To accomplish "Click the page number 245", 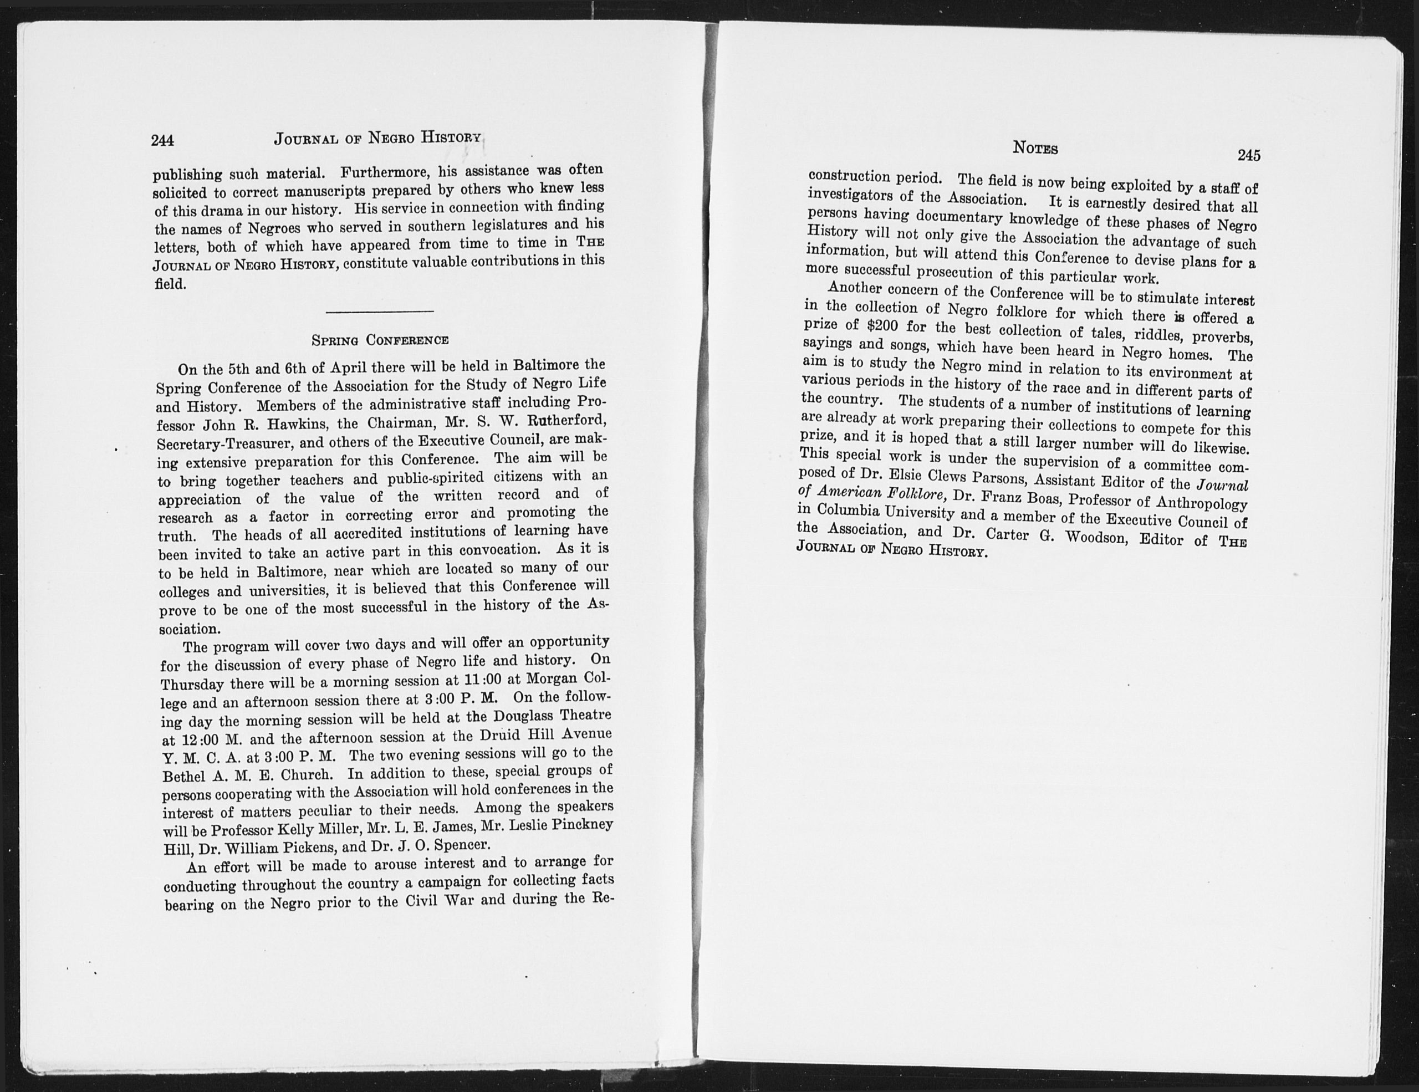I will pos(1248,155).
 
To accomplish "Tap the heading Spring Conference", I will pos(380,340).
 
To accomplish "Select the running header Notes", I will pos(1035,148).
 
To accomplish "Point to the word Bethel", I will pos(184,778).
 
